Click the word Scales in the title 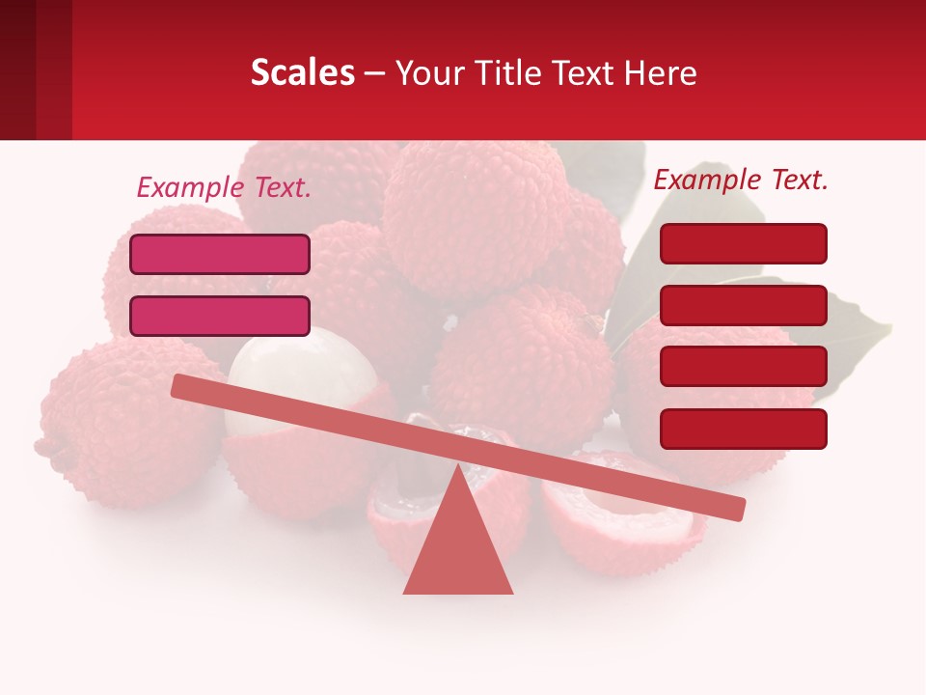(x=302, y=72)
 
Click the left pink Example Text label (x=224, y=187)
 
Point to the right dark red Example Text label (x=741, y=180)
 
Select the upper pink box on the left (x=220, y=255)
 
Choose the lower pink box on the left (x=220, y=316)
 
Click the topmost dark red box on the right (x=743, y=243)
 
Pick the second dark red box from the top (x=743, y=305)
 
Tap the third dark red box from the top (x=743, y=367)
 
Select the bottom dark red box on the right (x=743, y=429)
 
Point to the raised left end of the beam (x=183, y=386)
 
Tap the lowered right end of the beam (x=733, y=508)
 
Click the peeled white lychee (x=299, y=372)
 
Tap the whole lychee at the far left (x=116, y=425)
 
